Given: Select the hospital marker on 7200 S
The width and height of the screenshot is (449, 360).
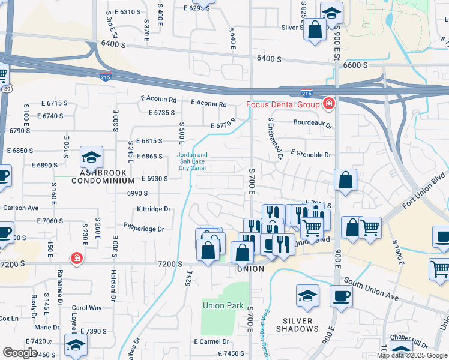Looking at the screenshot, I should coord(76,259).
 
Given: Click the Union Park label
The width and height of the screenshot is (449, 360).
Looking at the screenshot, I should coord(223,305).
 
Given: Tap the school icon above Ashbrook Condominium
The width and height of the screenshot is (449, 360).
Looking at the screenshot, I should coord(91,157).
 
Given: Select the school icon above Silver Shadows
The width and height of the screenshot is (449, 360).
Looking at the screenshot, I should coord(307,296).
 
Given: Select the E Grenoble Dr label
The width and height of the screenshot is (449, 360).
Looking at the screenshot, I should coord(311,155).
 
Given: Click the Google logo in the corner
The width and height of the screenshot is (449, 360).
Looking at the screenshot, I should coord(20,353).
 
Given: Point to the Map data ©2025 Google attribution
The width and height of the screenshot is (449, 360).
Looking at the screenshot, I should coord(411,355).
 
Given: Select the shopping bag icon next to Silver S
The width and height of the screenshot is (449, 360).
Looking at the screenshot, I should coord(315,30).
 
